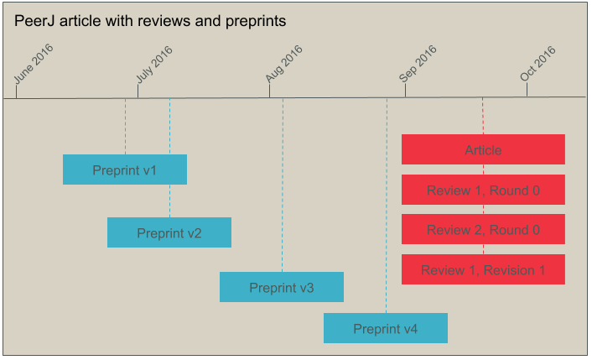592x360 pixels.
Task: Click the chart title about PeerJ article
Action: pyautogui.click(x=150, y=21)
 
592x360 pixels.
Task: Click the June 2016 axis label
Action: pyautogui.click(x=34, y=65)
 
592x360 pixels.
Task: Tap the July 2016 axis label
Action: pyautogui.click(x=155, y=65)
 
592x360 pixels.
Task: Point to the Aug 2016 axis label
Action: pyautogui.click(x=284, y=65)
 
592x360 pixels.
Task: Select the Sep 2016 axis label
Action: pyautogui.click(x=418, y=65)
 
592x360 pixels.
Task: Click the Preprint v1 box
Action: pyautogui.click(x=125, y=170)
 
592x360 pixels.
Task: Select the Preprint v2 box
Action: pyautogui.click(x=169, y=232)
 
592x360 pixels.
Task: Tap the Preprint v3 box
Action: pyautogui.click(x=282, y=287)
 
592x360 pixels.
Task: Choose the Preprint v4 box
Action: pyautogui.click(x=386, y=328)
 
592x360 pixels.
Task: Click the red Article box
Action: pyautogui.click(x=483, y=149)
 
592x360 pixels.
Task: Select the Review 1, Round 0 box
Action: pyautogui.click(x=483, y=190)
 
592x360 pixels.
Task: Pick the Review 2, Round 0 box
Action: pyautogui.click(x=483, y=229)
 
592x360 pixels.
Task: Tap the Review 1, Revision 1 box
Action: pyautogui.click(x=483, y=269)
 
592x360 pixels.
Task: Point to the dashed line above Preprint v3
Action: pyautogui.click(x=283, y=185)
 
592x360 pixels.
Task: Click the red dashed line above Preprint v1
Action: pyautogui.click(x=125, y=126)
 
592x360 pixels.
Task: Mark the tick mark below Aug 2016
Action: pyautogui.click(x=269, y=91)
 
